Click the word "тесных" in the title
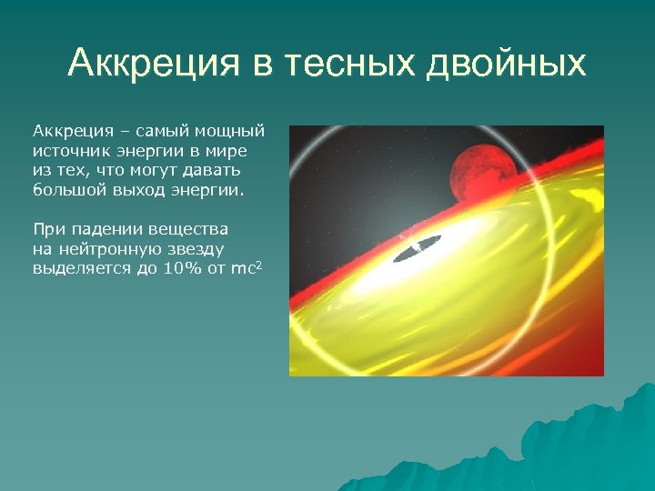tap(348, 64)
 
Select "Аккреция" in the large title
tap(146, 64)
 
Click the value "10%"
tap(166, 266)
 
